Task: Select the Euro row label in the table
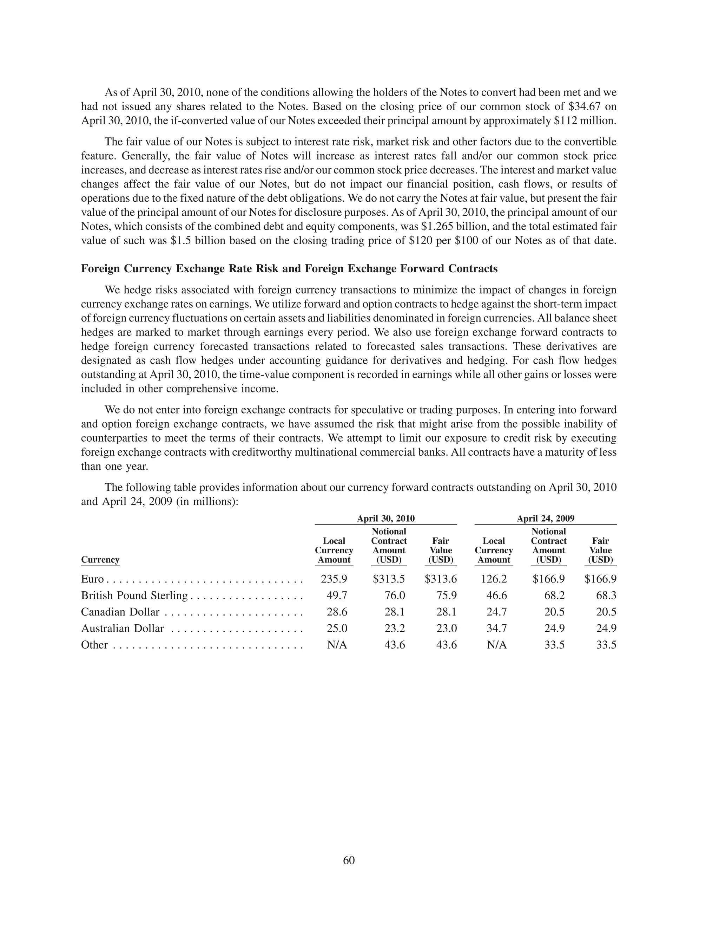pos(92,579)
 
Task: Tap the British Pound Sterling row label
pos(134,595)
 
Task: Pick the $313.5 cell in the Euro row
pos(389,579)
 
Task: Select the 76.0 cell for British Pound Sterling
pos(395,595)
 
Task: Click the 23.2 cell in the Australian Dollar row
pos(395,629)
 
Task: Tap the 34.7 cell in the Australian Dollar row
pos(497,629)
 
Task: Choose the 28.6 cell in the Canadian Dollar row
pos(337,612)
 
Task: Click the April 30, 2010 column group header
pos(385,518)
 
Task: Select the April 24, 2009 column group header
pos(545,518)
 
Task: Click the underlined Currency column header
pos(100,560)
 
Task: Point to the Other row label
pos(94,645)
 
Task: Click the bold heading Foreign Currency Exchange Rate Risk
pos(289,269)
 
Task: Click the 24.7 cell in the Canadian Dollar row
pos(497,612)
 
